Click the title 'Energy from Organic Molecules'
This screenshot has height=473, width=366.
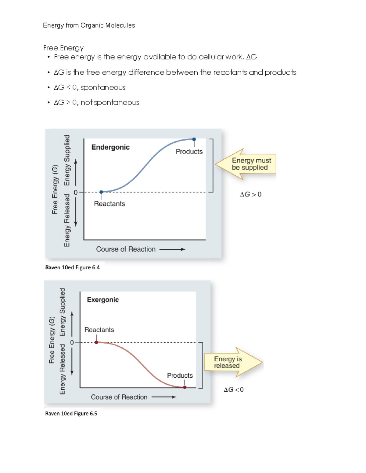click(89, 25)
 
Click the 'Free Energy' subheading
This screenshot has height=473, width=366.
click(63, 48)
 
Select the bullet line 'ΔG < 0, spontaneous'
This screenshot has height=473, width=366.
click(89, 87)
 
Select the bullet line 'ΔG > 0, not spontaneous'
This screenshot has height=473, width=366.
click(96, 103)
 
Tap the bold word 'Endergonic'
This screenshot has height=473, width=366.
click(110, 147)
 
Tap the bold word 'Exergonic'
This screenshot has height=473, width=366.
click(103, 300)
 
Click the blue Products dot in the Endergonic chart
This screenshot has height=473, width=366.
click(194, 139)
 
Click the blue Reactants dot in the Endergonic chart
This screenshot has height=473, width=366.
click(101, 192)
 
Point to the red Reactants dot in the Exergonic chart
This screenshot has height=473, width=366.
click(96, 342)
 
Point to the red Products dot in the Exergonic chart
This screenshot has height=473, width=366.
click(185, 387)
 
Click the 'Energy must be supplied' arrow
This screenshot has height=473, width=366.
click(247, 164)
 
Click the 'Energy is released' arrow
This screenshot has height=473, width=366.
click(232, 362)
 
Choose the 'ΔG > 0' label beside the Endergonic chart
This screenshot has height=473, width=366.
click(250, 194)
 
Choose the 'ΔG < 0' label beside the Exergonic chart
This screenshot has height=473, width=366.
click(234, 390)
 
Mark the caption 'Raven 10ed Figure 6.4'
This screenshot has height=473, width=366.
click(72, 267)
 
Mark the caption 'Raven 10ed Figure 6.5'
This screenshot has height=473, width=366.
click(71, 413)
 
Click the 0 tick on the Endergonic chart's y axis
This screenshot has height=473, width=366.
click(76, 192)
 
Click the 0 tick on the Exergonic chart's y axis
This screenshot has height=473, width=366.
click(72, 342)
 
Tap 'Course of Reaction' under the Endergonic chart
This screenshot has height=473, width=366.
click(126, 249)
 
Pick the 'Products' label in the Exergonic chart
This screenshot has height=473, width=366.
click(180, 376)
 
